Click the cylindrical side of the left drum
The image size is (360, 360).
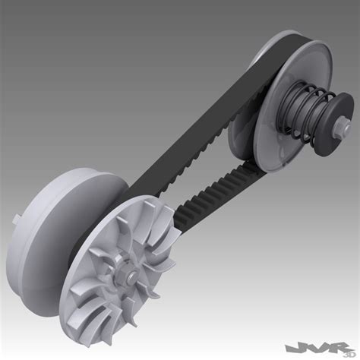tap(53, 220)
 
